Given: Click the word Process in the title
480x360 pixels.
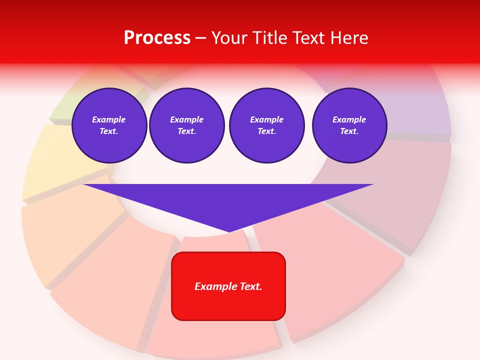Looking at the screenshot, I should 157,38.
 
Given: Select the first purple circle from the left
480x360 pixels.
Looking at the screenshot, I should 109,125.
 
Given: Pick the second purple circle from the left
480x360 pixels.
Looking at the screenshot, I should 187,125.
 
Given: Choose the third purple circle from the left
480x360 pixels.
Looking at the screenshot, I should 267,125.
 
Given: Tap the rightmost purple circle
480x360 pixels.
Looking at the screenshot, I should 349,125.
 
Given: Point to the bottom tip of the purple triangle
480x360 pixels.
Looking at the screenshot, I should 229,231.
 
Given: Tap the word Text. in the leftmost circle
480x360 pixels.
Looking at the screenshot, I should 109,131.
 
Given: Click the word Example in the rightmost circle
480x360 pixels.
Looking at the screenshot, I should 349,119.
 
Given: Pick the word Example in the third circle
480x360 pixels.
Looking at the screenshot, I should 267,119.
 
